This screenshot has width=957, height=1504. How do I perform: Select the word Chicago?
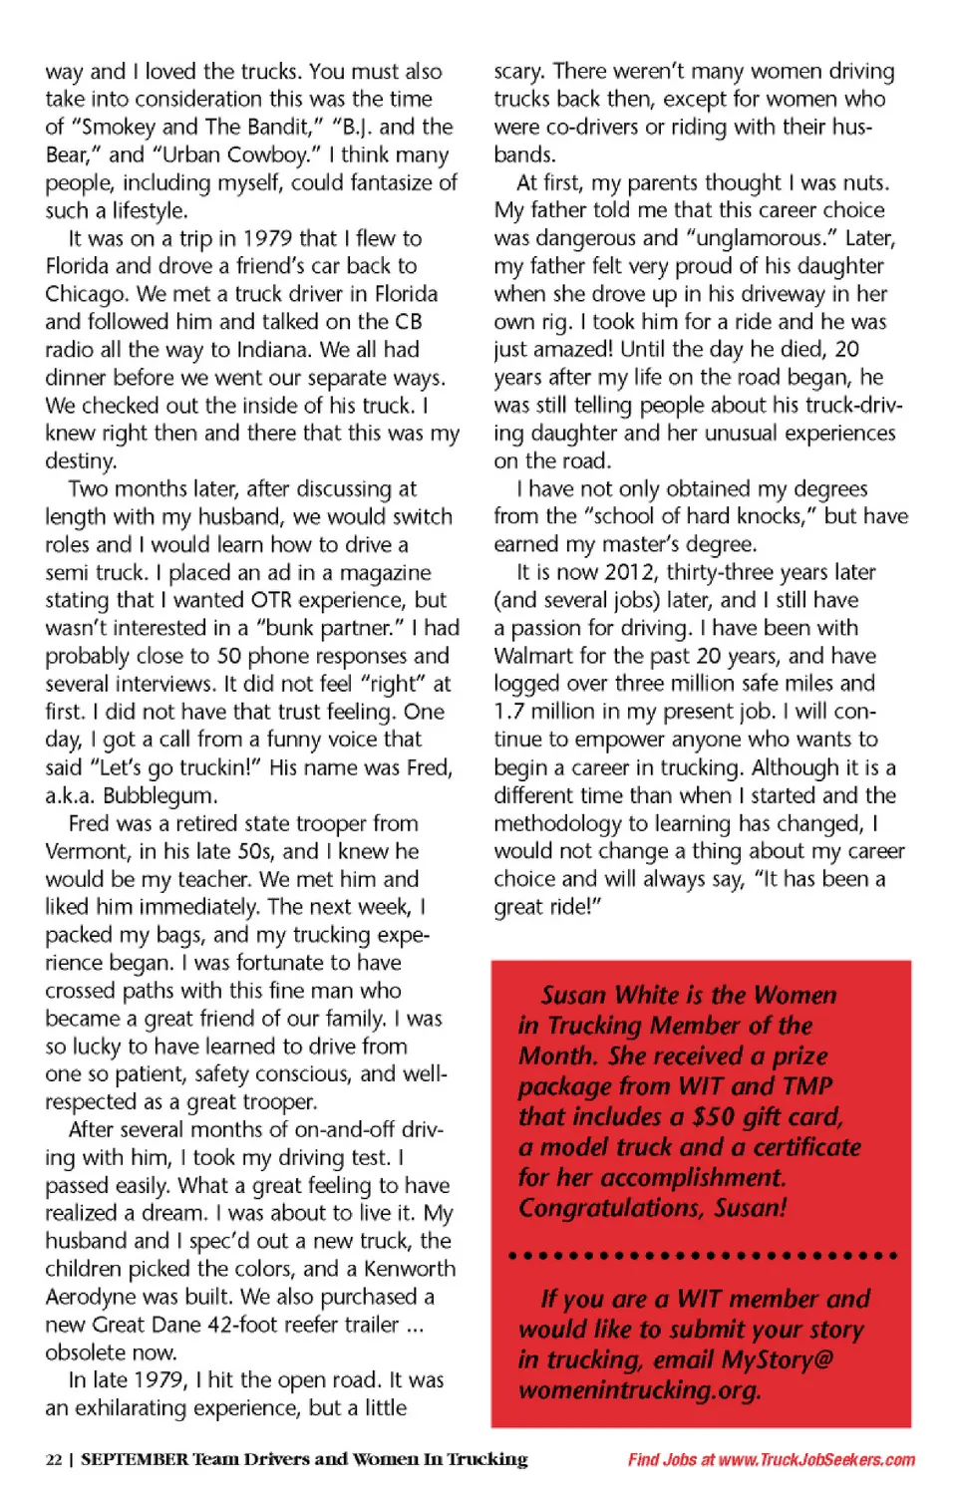coord(88,294)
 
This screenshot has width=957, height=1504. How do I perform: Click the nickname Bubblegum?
coord(159,796)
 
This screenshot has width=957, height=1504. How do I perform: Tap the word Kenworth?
coord(410,1269)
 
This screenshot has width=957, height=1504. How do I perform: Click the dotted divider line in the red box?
coord(702,1255)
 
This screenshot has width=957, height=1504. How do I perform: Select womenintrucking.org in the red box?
coord(639,1390)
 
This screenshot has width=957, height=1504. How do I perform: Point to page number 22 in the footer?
coord(54,1460)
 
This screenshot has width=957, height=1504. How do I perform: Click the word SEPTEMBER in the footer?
coord(135,1460)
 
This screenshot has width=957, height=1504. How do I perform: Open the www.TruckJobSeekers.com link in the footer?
coord(816,1460)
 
